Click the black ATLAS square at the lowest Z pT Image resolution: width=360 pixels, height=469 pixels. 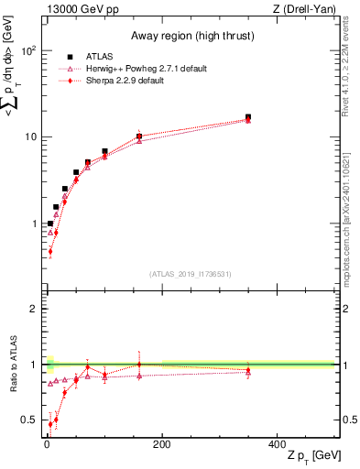pos(50,224)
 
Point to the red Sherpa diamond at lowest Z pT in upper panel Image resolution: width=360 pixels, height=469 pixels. pos(50,251)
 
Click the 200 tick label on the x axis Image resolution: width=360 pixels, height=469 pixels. pos(161,443)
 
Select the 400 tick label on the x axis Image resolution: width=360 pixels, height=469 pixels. pos(277,443)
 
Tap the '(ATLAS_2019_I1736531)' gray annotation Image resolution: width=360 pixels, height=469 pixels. pos(190,274)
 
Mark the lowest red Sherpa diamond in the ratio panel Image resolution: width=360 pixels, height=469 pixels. pos(50,424)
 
